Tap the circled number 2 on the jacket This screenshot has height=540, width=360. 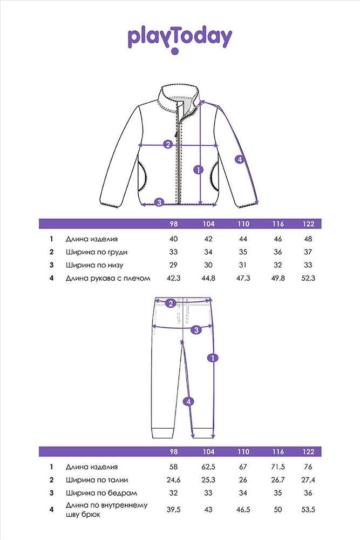pos(168,144)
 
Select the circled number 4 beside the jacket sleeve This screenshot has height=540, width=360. pos(240,159)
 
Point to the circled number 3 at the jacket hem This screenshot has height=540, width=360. pos(159,202)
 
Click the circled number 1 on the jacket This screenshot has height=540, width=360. pos(199,170)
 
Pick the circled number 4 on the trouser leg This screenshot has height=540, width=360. pos(188,402)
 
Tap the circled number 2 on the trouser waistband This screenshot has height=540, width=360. pos(171,303)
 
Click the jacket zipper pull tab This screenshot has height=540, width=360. pos(176,132)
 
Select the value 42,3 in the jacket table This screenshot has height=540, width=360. pos(173,278)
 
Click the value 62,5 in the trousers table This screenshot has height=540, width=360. pos(208,467)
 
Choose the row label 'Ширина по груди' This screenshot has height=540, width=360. pos(97,252)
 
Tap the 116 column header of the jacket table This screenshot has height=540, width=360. pos(278,224)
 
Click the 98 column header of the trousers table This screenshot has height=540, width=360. pos(174,452)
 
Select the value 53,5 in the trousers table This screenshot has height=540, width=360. pos(308,510)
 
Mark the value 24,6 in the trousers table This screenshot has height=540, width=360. pos(173,480)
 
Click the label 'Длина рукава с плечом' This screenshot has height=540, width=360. pos(108,278)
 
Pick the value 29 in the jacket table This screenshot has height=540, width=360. pos(173,265)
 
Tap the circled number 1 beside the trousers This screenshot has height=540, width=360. pos(213,358)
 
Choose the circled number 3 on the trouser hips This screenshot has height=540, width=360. pos(196,330)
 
